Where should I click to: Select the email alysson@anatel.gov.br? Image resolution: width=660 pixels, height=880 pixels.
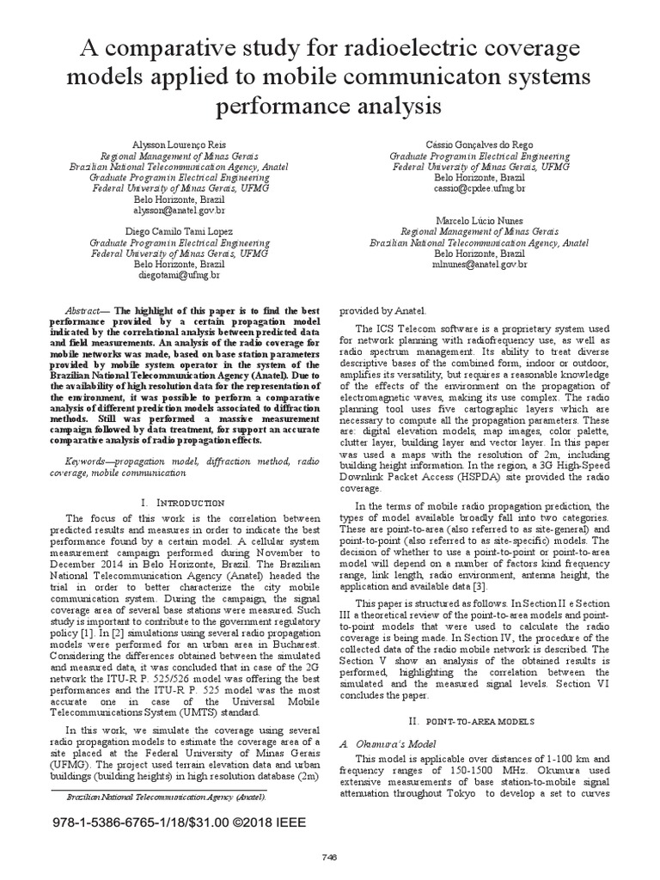pyautogui.click(x=180, y=209)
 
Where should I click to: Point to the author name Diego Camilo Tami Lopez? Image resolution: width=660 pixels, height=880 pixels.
pyautogui.click(x=180, y=231)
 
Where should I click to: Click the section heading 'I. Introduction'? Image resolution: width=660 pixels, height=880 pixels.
pyautogui.click(x=180, y=500)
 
